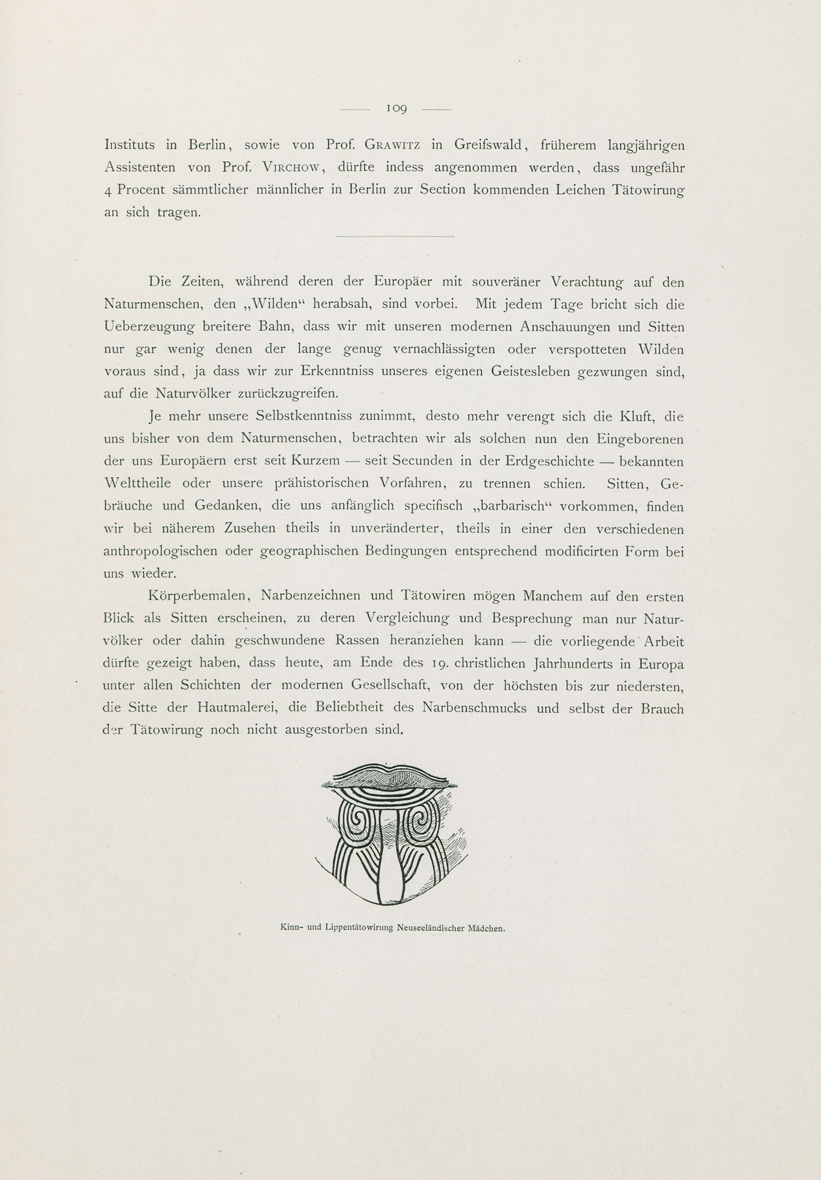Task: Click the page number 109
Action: coord(396,109)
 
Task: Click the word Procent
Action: coord(141,190)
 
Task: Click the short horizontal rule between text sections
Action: coord(395,236)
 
